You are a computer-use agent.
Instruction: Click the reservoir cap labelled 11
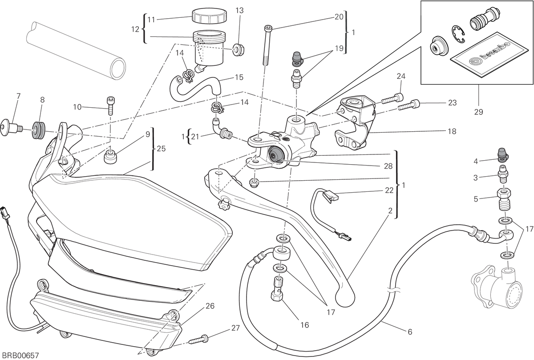tap(209, 16)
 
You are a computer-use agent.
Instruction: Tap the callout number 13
tap(239, 10)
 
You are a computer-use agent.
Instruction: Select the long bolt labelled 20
tap(267, 45)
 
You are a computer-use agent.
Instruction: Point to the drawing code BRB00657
tap(19, 356)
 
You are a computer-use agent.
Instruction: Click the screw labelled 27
tap(198, 339)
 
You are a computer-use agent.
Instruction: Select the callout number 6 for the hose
tap(410, 332)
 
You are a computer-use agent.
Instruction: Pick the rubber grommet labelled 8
tap(38, 130)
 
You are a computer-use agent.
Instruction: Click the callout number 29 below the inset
tap(478, 112)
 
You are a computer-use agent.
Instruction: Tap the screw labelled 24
tap(392, 101)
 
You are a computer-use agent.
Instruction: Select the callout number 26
tap(210, 306)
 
